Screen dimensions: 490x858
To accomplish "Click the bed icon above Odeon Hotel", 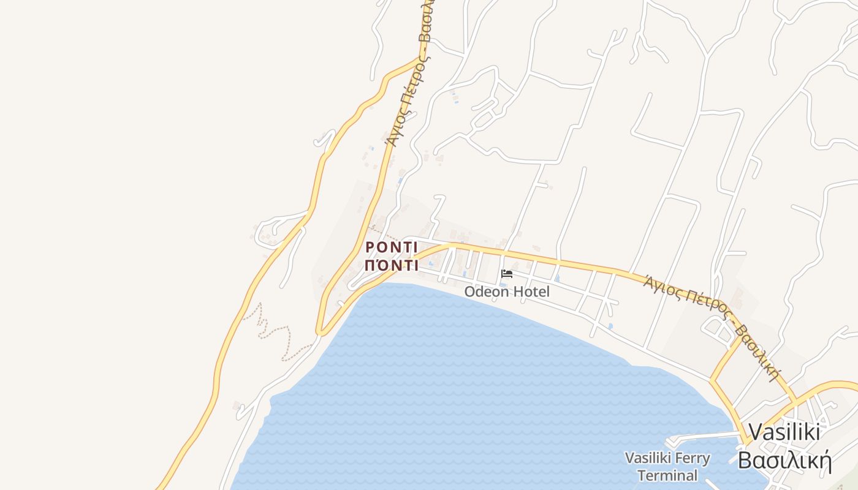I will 506,274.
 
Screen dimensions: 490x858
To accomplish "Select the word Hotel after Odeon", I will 531,292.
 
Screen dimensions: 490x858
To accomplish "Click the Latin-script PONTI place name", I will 392,247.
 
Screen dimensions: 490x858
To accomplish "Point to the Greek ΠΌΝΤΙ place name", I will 392,266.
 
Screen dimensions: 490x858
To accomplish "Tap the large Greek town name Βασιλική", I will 784,459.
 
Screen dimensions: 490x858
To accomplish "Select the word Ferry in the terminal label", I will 691,458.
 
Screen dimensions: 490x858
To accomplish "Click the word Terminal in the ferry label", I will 667,475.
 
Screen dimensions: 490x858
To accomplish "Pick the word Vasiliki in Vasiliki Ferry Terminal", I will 647,458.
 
